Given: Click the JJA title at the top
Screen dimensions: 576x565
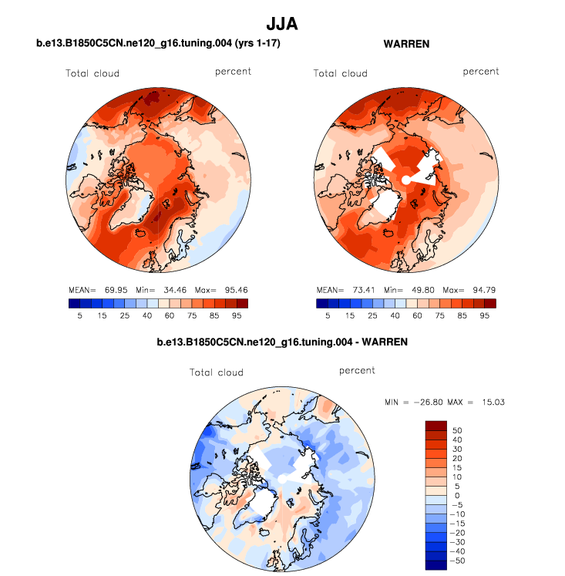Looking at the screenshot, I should tap(281, 25).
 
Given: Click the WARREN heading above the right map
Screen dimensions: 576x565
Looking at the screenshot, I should tap(406, 45).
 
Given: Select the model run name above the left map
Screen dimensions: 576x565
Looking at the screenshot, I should tap(158, 45).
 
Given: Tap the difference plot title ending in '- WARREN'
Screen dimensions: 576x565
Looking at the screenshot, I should tap(281, 340).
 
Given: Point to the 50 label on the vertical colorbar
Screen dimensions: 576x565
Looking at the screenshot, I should tap(458, 430).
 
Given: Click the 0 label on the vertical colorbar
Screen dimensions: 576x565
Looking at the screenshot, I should tap(457, 495).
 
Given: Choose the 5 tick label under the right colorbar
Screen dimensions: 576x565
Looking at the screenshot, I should tap(327, 315).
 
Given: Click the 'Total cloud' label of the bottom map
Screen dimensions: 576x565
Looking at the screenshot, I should tap(217, 372).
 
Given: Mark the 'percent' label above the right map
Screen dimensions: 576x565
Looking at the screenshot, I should tap(481, 72).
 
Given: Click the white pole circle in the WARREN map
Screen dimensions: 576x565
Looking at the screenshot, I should tap(406, 180).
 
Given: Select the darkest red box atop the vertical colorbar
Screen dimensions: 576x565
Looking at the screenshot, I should tap(436, 426).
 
